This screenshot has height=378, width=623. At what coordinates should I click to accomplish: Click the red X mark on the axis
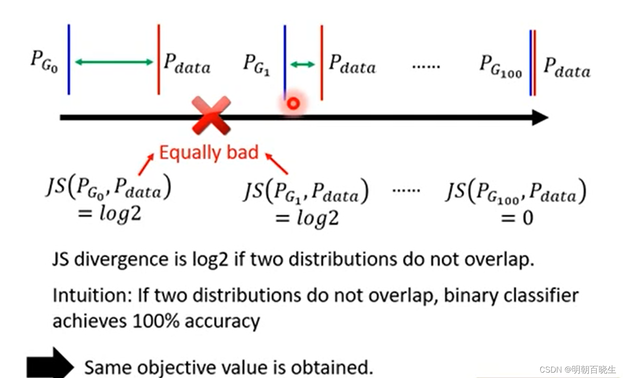211,116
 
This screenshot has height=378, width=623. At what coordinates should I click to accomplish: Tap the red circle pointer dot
292,104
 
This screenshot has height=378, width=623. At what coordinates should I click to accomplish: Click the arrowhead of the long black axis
540,118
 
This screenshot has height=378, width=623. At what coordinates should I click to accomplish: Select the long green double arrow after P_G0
114,62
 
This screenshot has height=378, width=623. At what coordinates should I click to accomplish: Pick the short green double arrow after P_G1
303,65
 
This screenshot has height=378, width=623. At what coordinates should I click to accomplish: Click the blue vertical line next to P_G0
69,59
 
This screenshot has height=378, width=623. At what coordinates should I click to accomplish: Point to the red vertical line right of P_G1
322,62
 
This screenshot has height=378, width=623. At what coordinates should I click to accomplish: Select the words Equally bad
209,153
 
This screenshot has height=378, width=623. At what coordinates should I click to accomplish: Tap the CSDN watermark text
577,370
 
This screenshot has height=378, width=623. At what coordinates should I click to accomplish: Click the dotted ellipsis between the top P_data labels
425,66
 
